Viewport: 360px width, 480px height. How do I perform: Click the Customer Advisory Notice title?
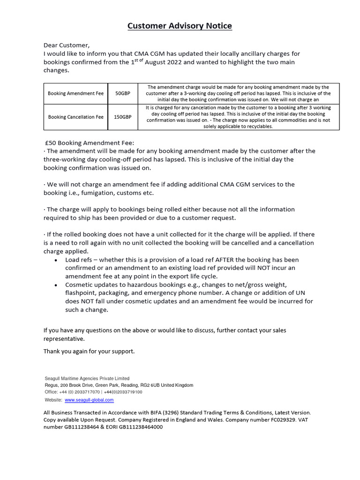point(180,26)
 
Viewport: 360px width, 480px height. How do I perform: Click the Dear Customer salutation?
point(66,45)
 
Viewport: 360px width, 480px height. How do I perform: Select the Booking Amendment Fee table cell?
point(75,93)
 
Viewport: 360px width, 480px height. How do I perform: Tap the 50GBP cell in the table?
point(123,93)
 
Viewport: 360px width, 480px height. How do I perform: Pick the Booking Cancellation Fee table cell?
point(75,117)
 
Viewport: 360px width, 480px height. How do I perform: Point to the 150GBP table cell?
point(123,117)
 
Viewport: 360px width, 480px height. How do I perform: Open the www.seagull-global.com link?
point(89,400)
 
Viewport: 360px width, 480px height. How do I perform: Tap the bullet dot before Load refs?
point(56,260)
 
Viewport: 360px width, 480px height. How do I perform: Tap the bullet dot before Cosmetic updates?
point(56,285)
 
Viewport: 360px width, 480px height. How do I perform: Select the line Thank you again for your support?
point(89,351)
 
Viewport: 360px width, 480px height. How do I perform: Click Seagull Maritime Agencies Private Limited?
point(87,378)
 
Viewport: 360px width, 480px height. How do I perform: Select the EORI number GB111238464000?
point(141,427)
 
